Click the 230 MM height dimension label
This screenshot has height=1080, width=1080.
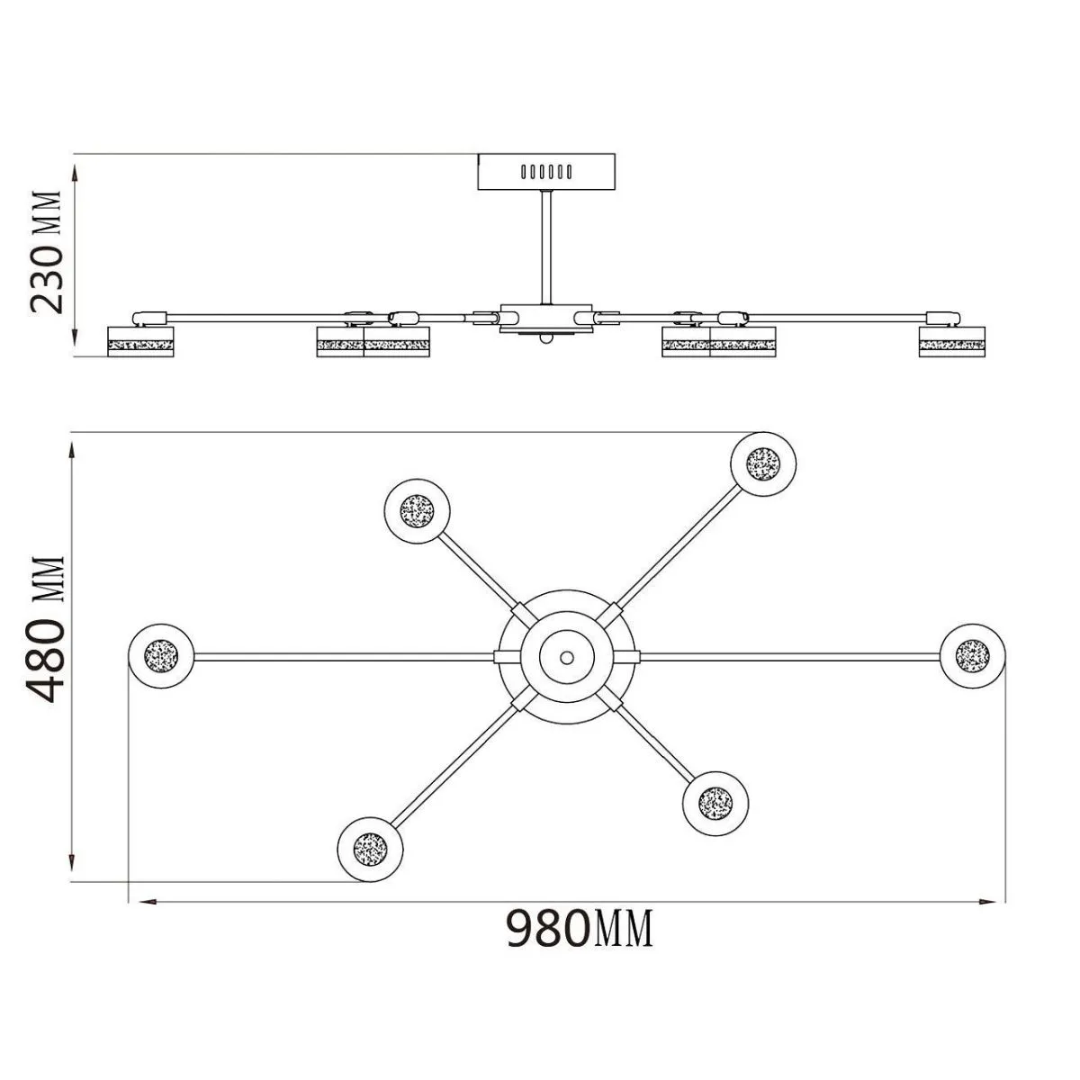tap(46, 252)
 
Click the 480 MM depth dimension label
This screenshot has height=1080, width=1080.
tap(46, 629)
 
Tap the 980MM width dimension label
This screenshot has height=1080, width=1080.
tap(580, 928)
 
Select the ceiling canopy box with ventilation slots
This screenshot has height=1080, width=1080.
tap(546, 172)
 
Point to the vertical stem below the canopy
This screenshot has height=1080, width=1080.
tap(546, 247)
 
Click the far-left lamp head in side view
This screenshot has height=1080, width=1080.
tap(140, 342)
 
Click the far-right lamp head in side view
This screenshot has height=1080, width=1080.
tap(951, 342)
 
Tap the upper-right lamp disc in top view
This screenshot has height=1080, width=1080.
tap(763, 463)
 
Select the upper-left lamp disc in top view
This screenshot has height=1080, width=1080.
tap(417, 510)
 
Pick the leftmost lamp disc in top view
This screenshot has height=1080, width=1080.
tap(161, 656)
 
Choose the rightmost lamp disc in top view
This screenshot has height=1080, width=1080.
tap(972, 656)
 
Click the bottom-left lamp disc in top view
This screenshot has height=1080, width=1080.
tap(370, 849)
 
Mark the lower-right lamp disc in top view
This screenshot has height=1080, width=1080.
tap(715, 804)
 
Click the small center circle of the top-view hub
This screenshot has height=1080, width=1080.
tap(567, 656)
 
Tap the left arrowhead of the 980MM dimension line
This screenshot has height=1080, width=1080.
tap(147, 902)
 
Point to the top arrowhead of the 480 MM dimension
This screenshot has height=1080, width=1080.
tap(72, 451)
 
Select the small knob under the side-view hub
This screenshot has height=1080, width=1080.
tap(544, 338)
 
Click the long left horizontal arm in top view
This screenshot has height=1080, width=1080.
tap(344, 656)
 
